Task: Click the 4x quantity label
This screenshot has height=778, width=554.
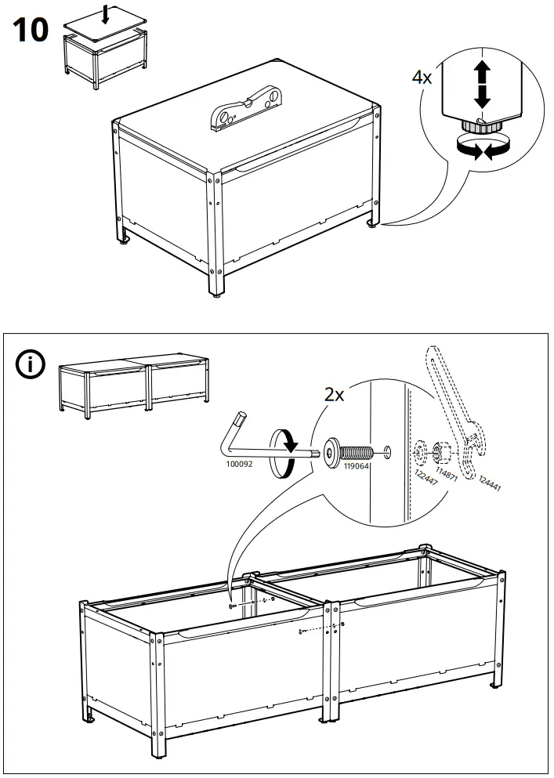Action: [x=424, y=78]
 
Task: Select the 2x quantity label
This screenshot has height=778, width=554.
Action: [x=335, y=395]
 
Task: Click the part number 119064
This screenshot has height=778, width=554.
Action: [x=357, y=465]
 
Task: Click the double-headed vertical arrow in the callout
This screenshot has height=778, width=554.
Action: [x=481, y=86]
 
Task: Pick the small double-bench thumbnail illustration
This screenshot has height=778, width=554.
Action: [x=134, y=383]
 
